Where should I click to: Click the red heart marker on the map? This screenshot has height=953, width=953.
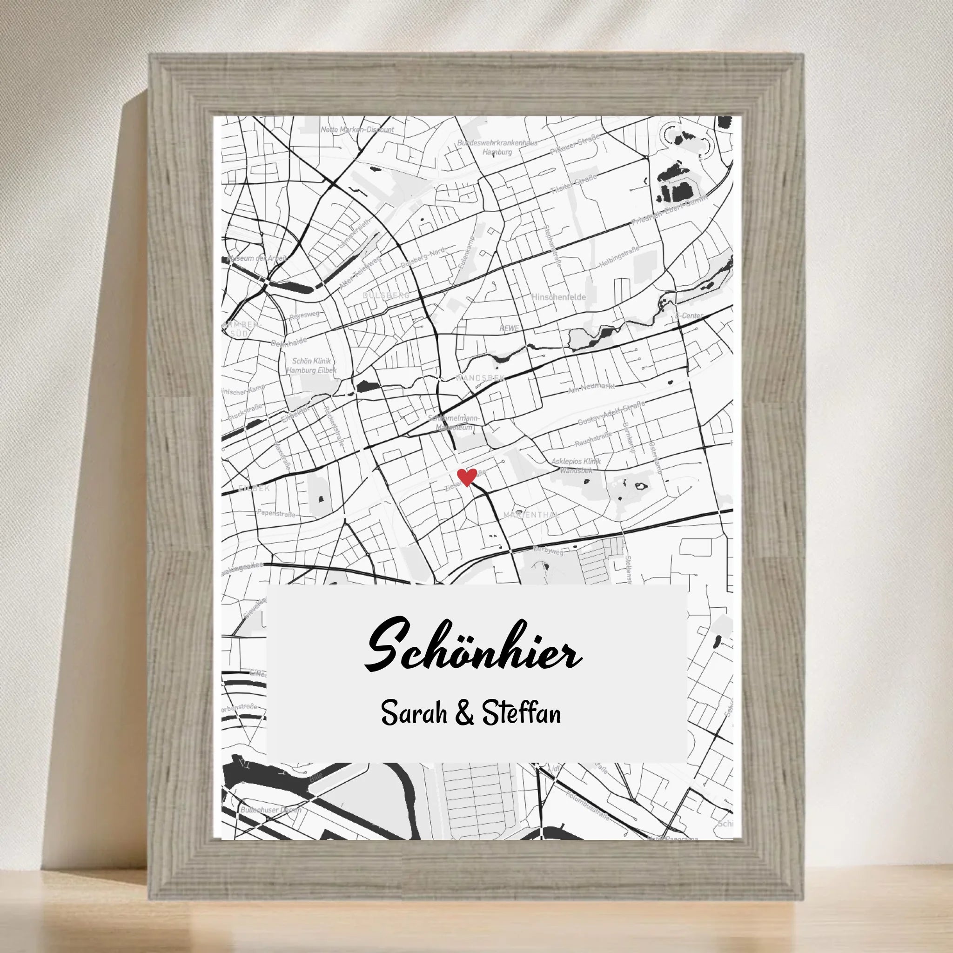pos(466,477)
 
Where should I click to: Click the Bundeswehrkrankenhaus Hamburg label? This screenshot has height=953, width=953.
pos(497,147)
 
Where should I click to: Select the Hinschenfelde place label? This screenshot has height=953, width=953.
pos(558,297)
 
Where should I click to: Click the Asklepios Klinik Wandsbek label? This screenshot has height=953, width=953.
pos(576,466)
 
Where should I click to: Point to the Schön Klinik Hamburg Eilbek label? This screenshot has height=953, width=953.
pos(312,365)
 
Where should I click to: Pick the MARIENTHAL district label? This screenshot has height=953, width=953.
pos(530,515)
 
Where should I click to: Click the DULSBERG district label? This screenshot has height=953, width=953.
pos(386,295)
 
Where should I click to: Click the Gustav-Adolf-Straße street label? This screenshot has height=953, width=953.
pos(611,413)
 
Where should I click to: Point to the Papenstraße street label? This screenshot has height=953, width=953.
pos(276,513)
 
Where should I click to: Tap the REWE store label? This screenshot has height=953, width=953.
pos(509,328)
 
